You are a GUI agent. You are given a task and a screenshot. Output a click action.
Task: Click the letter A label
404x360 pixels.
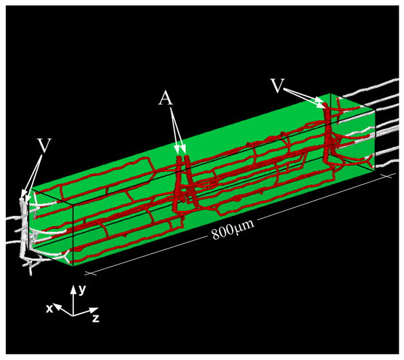[166, 99]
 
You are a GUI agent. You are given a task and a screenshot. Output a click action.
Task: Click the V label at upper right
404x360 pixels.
[277, 86]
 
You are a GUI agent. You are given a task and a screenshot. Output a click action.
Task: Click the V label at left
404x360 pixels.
[44, 146]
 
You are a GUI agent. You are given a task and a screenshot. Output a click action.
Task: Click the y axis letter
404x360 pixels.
[82, 291]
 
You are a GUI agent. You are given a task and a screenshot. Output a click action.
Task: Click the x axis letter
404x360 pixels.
[49, 309]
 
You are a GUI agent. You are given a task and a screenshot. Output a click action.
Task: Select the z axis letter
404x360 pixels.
[95, 319]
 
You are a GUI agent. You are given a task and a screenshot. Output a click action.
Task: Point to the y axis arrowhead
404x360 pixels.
[74, 289]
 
